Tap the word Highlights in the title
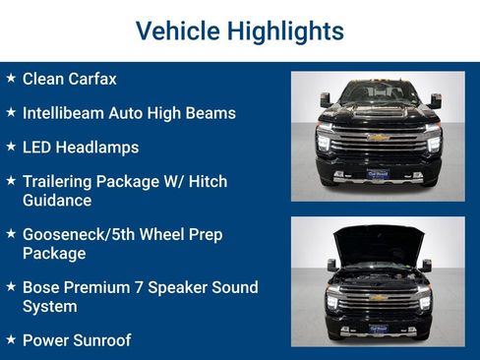[x=283, y=31]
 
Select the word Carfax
[x=93, y=79]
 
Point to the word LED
[x=37, y=148]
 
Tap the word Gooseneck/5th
[x=82, y=235]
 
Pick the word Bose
[x=41, y=288]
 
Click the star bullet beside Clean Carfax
[x=11, y=78]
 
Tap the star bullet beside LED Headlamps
[x=11, y=147]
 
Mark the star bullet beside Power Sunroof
[x=11, y=339]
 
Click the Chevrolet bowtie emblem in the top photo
[x=379, y=138]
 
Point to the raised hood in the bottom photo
[x=379, y=241]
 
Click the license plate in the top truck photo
[x=378, y=173]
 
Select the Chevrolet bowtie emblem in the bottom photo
[x=378, y=295]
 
